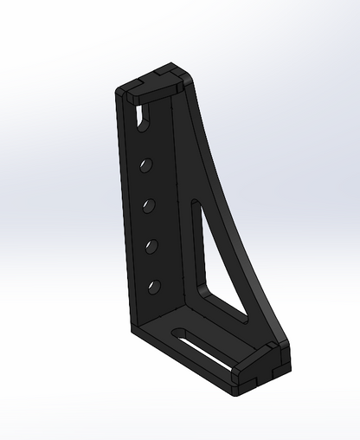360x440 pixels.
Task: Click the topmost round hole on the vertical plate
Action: (x=147, y=164)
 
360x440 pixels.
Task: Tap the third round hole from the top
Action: (x=151, y=247)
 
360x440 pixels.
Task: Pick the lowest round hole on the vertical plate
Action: (x=153, y=285)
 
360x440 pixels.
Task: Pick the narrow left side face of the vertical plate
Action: (x=123, y=217)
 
